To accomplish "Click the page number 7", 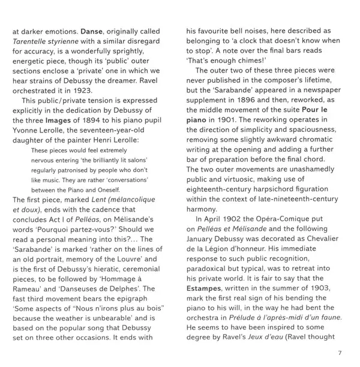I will point(340,353).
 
